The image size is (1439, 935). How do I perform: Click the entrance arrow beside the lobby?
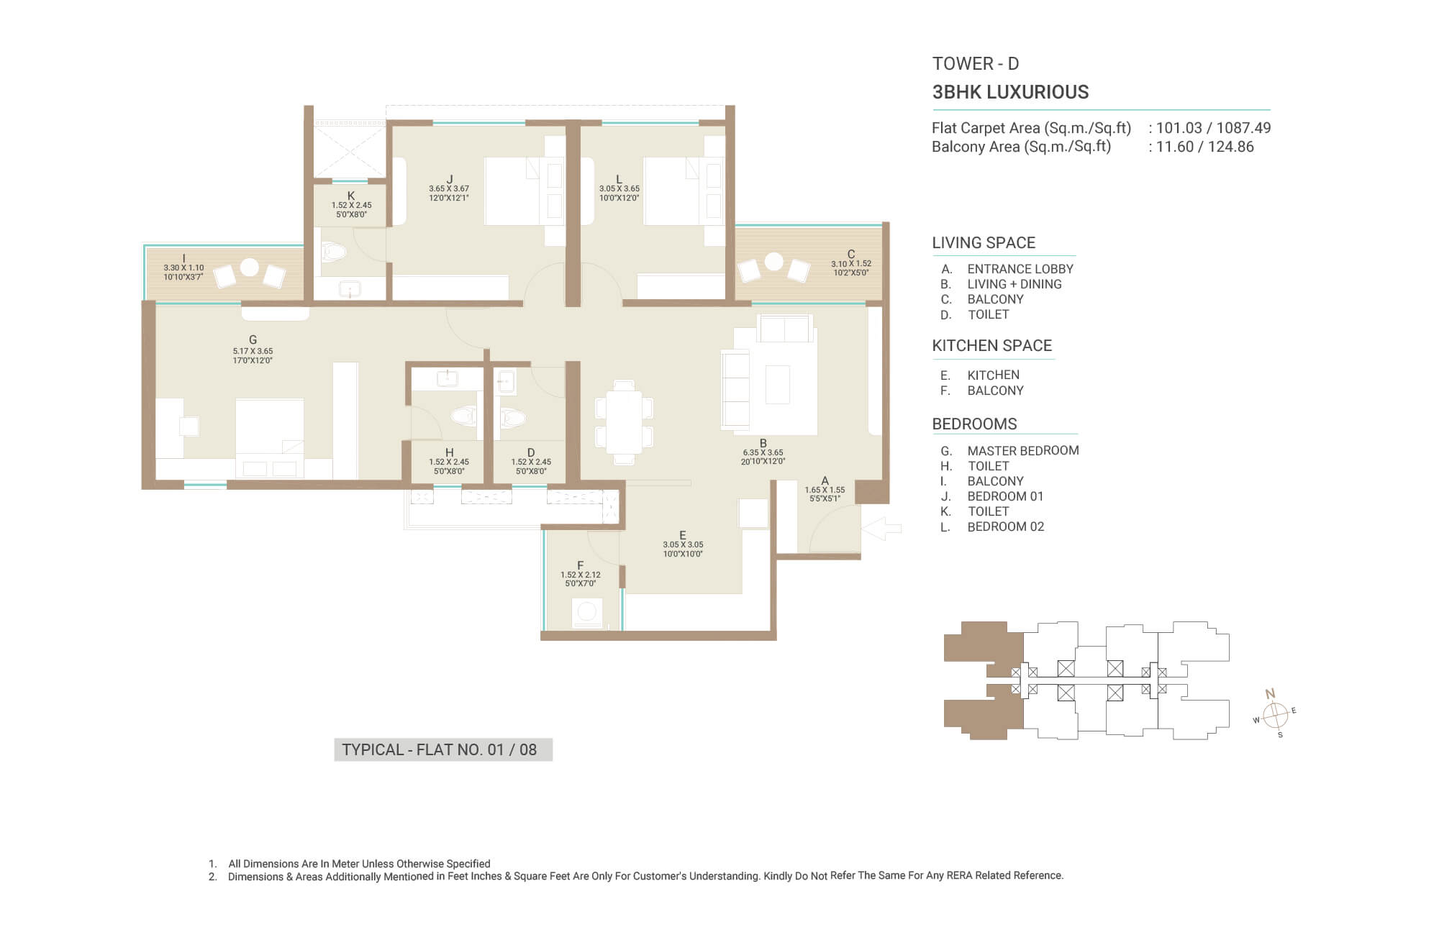click(881, 529)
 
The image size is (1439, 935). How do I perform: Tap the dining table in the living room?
click(624, 422)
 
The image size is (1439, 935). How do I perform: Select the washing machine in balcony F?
click(587, 613)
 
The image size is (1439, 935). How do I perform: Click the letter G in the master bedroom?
click(253, 339)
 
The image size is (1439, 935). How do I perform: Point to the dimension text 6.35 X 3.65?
click(763, 453)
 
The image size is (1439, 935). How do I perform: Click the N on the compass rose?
click(1270, 694)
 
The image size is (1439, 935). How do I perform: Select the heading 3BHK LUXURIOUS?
click(1010, 92)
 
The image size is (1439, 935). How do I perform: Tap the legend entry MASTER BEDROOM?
click(1023, 451)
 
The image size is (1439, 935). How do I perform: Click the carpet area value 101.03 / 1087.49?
click(1213, 128)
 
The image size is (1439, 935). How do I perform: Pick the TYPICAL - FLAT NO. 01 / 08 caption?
click(440, 749)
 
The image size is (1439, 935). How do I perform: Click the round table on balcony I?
click(249, 267)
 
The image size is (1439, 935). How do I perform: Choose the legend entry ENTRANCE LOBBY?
click(1020, 269)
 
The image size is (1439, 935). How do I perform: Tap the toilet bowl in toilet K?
click(334, 252)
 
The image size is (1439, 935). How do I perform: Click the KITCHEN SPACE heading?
click(991, 346)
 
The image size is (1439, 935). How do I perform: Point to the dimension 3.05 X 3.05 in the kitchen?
click(683, 544)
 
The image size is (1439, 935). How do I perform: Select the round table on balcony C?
click(773, 261)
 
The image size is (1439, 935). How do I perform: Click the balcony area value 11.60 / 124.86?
click(1204, 147)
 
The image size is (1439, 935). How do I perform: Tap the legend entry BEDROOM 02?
click(1005, 526)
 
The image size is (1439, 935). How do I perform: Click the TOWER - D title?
click(976, 63)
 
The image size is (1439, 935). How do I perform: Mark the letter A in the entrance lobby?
click(825, 480)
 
